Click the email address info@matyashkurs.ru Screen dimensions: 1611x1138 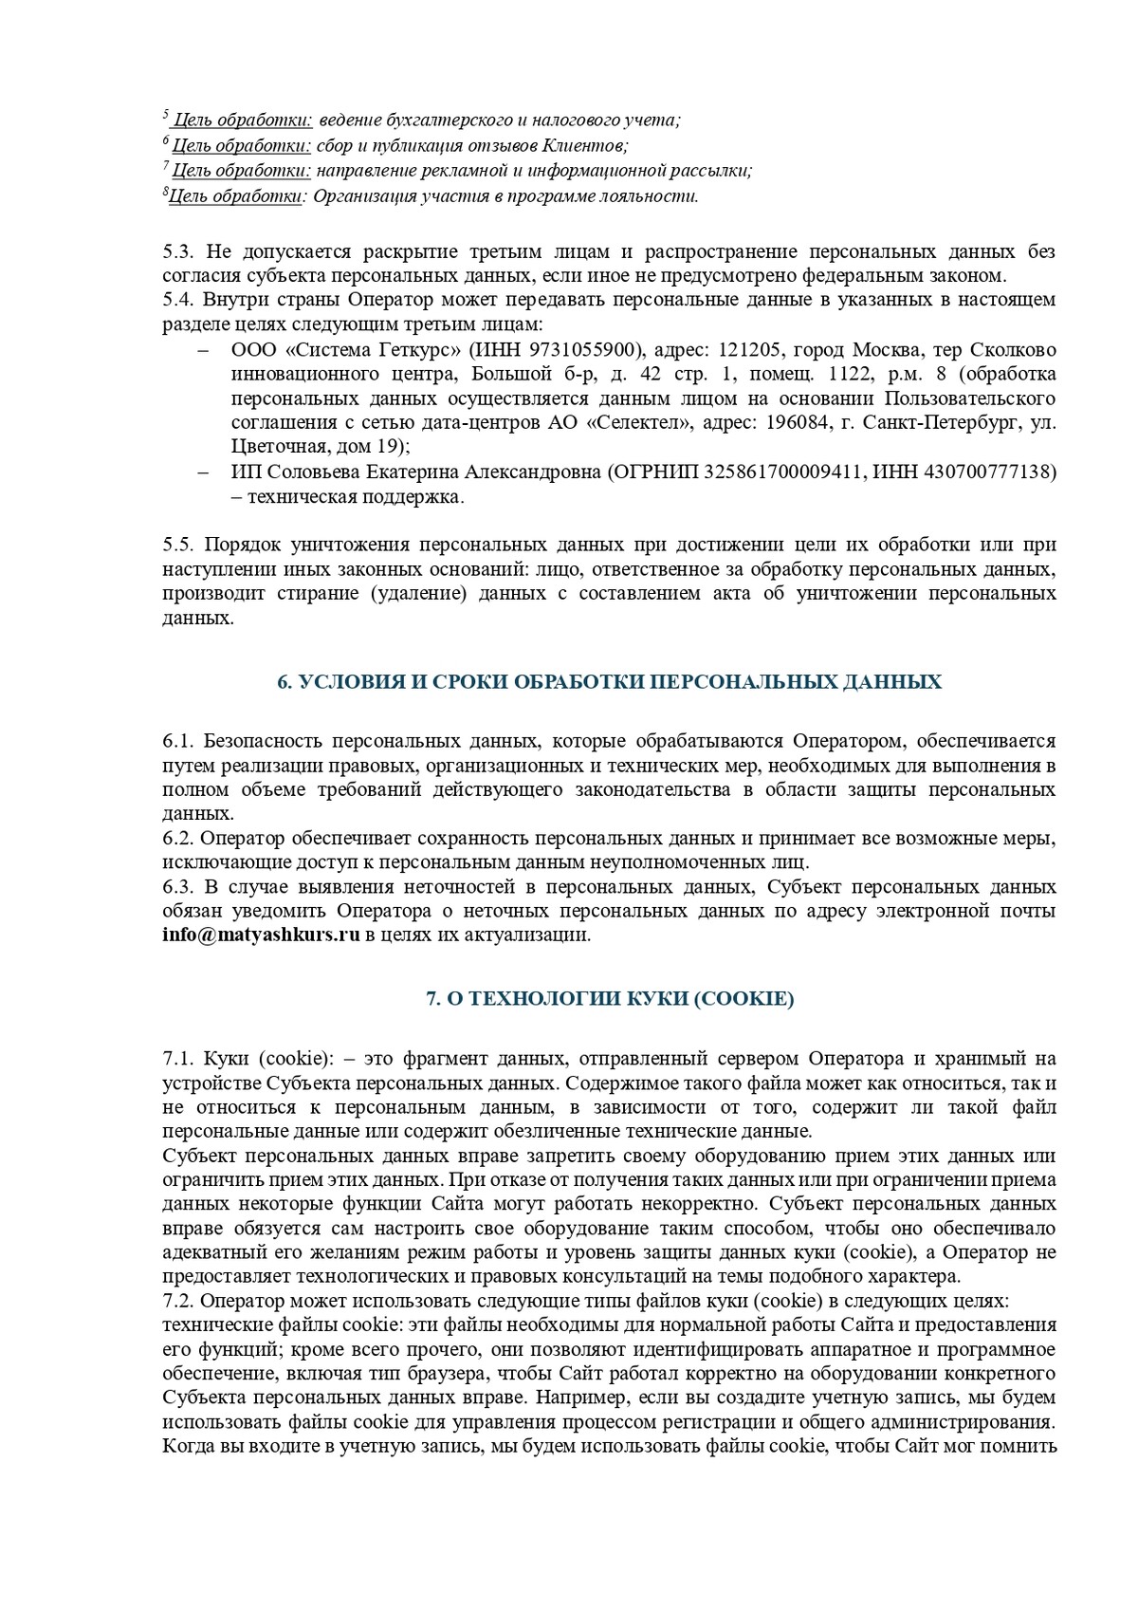(261, 935)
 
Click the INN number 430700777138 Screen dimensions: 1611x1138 (992, 472)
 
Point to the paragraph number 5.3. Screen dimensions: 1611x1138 (177, 251)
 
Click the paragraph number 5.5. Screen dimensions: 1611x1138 (177, 545)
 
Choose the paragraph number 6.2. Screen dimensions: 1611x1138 (177, 839)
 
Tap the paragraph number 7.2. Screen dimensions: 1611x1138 (177, 1299)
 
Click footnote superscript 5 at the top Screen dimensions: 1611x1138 (166, 116)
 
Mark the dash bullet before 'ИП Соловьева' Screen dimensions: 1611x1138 (203, 472)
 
